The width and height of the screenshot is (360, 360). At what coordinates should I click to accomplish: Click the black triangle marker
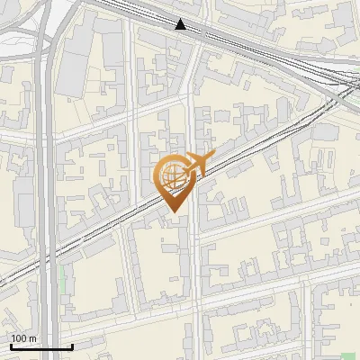pos(182,24)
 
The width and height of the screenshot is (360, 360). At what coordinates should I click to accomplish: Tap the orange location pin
pos(175,180)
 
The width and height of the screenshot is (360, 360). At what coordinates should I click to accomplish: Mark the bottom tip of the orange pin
pos(175,212)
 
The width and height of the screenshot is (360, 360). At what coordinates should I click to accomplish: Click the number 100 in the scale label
pos(20,338)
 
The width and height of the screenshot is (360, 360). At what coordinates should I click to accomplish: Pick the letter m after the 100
pos(33,338)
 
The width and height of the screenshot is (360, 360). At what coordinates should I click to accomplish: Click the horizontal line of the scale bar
pos(40,346)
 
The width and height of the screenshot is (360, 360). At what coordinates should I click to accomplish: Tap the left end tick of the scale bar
pos(10,345)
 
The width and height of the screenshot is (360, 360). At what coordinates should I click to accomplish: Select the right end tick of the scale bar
pos(72,345)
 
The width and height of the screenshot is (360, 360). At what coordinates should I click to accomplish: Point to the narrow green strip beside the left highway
pos(62,279)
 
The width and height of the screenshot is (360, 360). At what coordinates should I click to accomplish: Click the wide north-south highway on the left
pos(47,180)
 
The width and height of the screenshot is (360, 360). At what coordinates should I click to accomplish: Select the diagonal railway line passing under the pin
pos(108,234)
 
